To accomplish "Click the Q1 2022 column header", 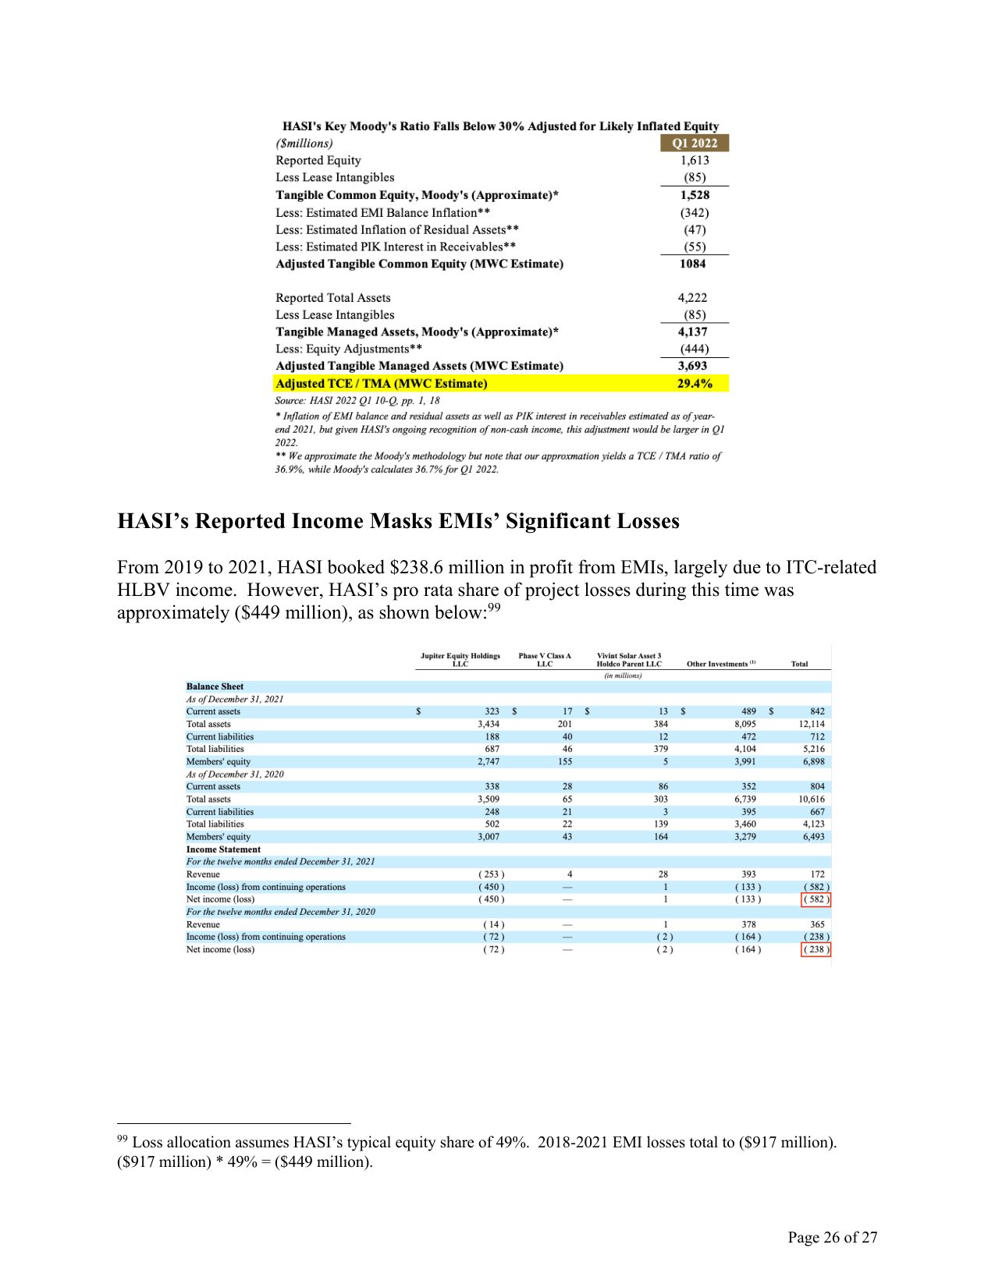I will [694, 144].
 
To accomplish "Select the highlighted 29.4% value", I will [694, 384].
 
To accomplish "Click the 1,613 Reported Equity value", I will [694, 161].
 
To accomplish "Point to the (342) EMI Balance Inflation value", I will [694, 212].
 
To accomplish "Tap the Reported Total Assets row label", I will [332, 298].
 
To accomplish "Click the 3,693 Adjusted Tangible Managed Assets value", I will [692, 366].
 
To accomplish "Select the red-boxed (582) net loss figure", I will [816, 899].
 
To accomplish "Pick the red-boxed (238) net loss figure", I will [816, 949].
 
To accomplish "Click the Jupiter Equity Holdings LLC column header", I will [460, 660].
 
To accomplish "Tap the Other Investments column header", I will [720, 664].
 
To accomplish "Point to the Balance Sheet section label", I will [215, 686].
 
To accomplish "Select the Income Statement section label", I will [223, 849].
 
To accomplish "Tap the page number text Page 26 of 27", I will [832, 1237].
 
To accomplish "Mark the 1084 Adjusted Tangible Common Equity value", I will [692, 264].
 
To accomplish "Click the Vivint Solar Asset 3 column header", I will [628, 660].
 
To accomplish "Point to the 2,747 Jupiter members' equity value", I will [488, 761].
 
